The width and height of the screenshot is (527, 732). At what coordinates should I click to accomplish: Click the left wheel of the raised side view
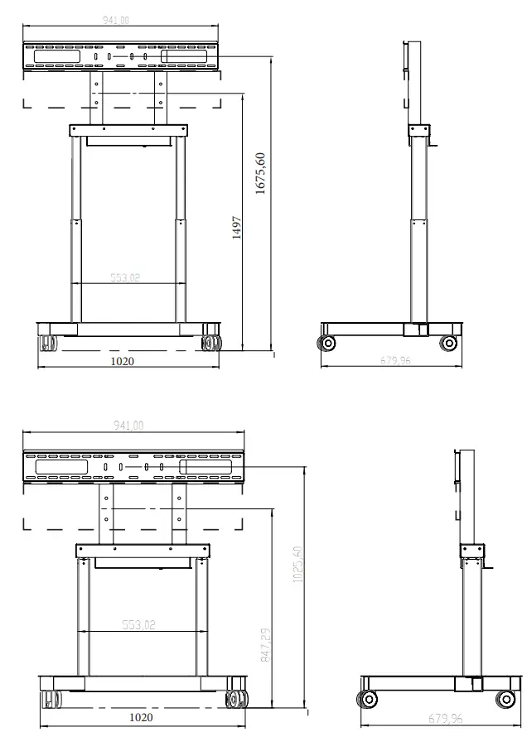(328, 343)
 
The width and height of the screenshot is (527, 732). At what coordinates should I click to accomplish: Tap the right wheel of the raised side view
(448, 343)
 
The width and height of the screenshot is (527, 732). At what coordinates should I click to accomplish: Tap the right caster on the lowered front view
(237, 700)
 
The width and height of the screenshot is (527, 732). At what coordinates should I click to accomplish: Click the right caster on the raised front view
(210, 340)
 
